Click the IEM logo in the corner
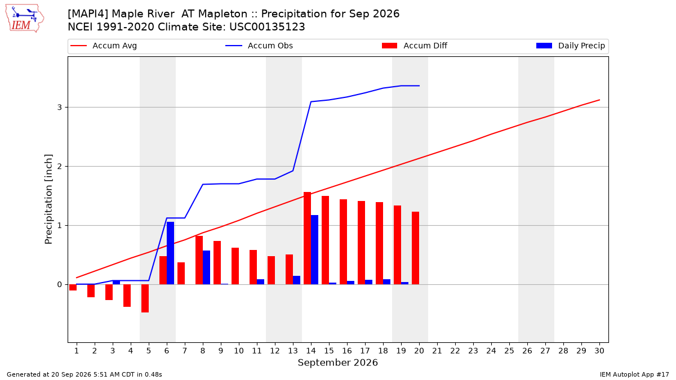coord(25,19)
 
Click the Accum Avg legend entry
coord(104,46)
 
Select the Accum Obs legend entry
coord(259,46)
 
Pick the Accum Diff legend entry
coord(415,46)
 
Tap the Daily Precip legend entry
coord(570,46)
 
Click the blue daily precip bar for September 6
coord(170,253)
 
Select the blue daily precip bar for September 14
coord(314,250)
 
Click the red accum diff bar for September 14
coord(307,238)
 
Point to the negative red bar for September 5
coord(145,298)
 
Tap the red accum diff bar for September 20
coord(415,248)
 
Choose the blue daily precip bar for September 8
coord(206,267)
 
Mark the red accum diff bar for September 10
coord(235,266)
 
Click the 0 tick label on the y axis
coord(60,284)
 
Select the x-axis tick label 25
coord(509,351)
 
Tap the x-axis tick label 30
coord(599,351)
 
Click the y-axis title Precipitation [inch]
coord(48,199)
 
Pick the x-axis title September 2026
coord(337,363)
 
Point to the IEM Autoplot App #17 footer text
coord(634,374)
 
